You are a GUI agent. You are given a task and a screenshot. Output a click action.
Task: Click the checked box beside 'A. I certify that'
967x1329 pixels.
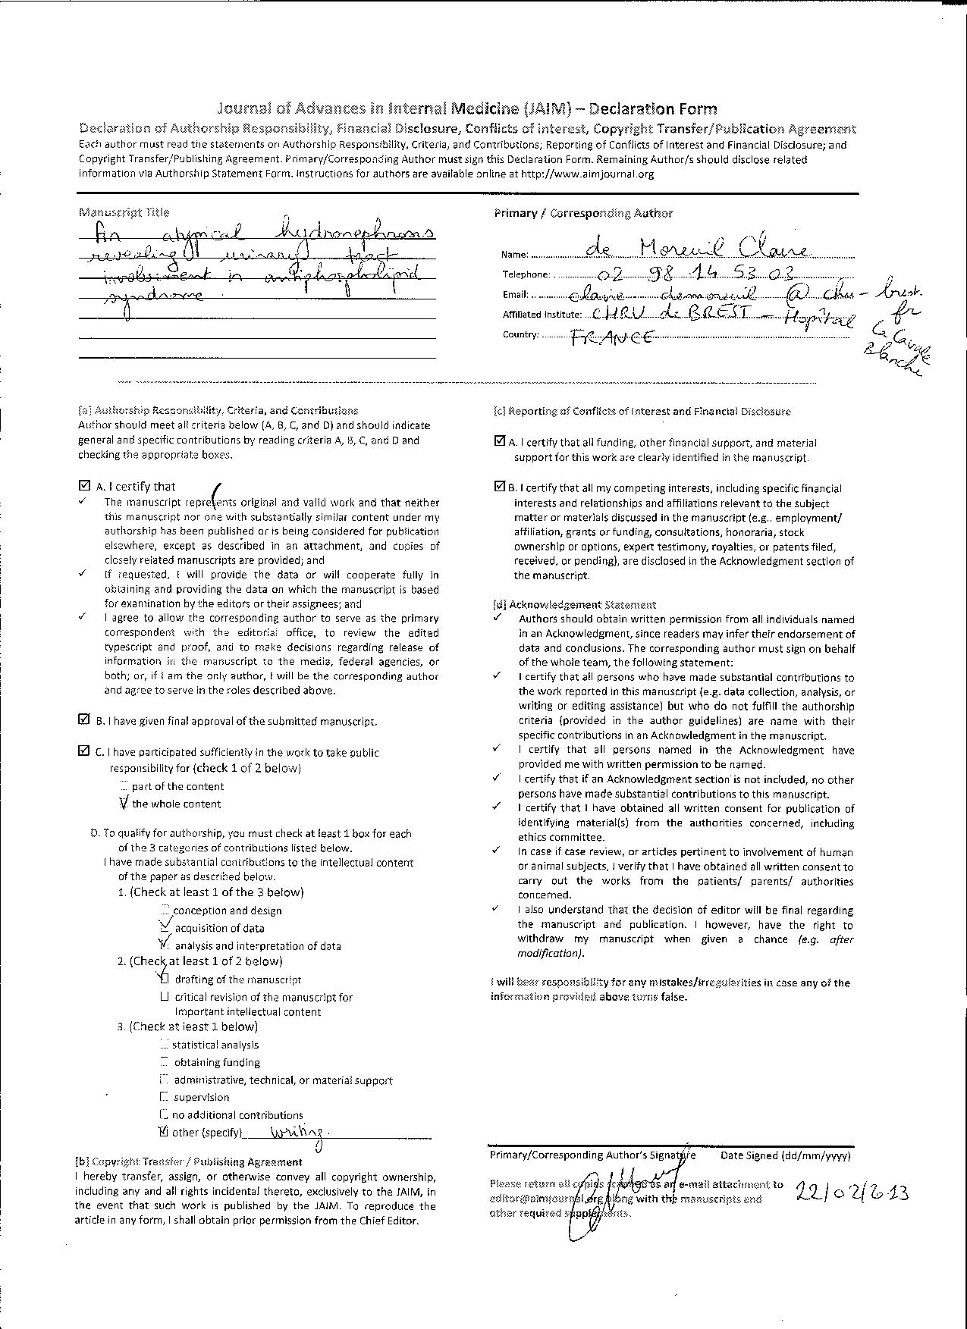(x=83, y=486)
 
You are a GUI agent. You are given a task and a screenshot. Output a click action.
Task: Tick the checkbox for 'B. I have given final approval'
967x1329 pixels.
(x=83, y=719)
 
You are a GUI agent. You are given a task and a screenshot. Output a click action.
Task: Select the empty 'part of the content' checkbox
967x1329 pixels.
(x=124, y=786)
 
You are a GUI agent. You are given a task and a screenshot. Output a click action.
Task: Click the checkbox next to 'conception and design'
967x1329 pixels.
(x=165, y=910)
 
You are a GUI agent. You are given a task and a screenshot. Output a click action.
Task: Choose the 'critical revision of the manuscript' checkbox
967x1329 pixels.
(x=165, y=997)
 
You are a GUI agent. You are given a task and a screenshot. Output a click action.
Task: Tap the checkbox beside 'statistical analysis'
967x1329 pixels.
(x=165, y=1044)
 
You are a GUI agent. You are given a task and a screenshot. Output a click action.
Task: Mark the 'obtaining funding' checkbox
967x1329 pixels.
(x=165, y=1062)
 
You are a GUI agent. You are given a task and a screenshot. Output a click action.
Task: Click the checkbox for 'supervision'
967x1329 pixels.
(x=165, y=1097)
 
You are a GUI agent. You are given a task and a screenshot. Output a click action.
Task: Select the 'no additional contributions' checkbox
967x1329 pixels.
(x=165, y=1114)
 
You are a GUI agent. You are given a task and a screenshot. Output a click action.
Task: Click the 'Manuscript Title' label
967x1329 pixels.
(x=124, y=212)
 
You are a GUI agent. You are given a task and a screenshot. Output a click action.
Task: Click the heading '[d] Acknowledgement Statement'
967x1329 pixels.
(x=574, y=604)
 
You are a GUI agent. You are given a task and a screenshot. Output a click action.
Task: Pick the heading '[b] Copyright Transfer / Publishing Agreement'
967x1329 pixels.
(x=188, y=1161)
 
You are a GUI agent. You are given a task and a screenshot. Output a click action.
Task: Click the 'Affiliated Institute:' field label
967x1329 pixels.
(x=542, y=315)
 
